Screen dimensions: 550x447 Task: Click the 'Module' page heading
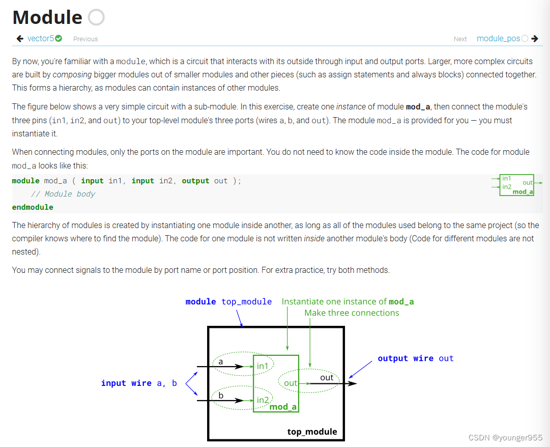(47, 17)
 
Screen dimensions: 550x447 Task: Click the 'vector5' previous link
(41, 38)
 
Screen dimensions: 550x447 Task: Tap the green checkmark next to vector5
(59, 38)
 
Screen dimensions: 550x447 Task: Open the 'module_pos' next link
(498, 38)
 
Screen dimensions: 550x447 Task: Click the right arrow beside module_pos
(534, 38)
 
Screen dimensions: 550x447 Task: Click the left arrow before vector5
(20, 38)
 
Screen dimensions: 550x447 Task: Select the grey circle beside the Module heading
(96, 17)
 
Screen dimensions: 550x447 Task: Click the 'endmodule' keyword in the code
(33, 207)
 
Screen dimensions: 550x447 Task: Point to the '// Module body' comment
(63, 194)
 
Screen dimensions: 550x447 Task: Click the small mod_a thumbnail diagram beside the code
(517, 184)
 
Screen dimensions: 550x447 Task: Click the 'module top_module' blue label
(228, 301)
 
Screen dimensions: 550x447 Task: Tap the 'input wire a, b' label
(139, 383)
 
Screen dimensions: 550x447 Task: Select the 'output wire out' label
(415, 358)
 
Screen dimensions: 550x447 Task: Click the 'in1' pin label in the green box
(263, 366)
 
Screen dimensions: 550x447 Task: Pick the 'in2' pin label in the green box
(263, 400)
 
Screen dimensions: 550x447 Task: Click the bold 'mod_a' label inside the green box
(283, 406)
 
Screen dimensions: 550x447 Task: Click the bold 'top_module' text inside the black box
(312, 432)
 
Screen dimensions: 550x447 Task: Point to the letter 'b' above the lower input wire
(221, 395)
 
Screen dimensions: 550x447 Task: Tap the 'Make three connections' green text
(352, 313)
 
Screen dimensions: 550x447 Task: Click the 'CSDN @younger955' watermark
(505, 437)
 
